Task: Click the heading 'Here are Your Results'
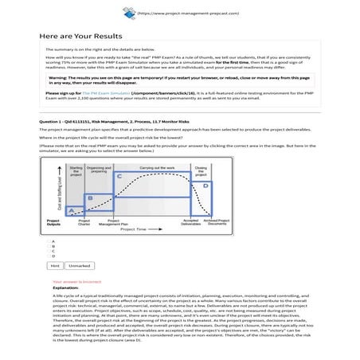[x=80, y=37]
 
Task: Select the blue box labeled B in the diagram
[x=92, y=196]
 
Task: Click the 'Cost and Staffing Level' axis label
[x=53, y=195]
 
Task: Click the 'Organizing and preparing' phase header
[x=99, y=170]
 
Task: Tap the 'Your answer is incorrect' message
[x=77, y=281]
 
